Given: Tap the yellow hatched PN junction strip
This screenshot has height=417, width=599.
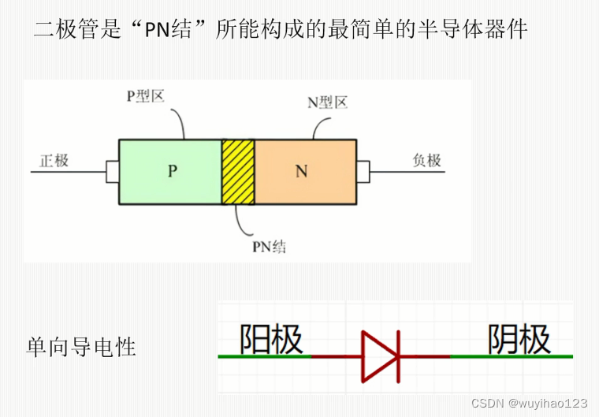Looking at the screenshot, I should coord(238,172).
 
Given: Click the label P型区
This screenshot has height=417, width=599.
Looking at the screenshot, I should coord(146,96).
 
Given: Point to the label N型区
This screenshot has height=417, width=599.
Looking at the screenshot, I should coord(327,103).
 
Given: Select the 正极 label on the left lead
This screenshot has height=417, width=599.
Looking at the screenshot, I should coord(54,161).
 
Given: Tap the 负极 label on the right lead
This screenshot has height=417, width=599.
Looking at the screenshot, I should coord(427,161).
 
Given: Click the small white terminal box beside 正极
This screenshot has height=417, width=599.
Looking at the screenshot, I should coord(112,171).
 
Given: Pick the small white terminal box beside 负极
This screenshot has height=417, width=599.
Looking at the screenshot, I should coord(363,171).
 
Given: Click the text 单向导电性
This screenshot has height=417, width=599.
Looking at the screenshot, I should coord(81,347).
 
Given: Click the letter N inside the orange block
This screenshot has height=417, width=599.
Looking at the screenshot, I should coord(301,171).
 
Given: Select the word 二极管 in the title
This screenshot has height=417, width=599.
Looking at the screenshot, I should coord(65,31).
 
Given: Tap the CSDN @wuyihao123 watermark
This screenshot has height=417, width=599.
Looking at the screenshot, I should coord(529,403).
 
